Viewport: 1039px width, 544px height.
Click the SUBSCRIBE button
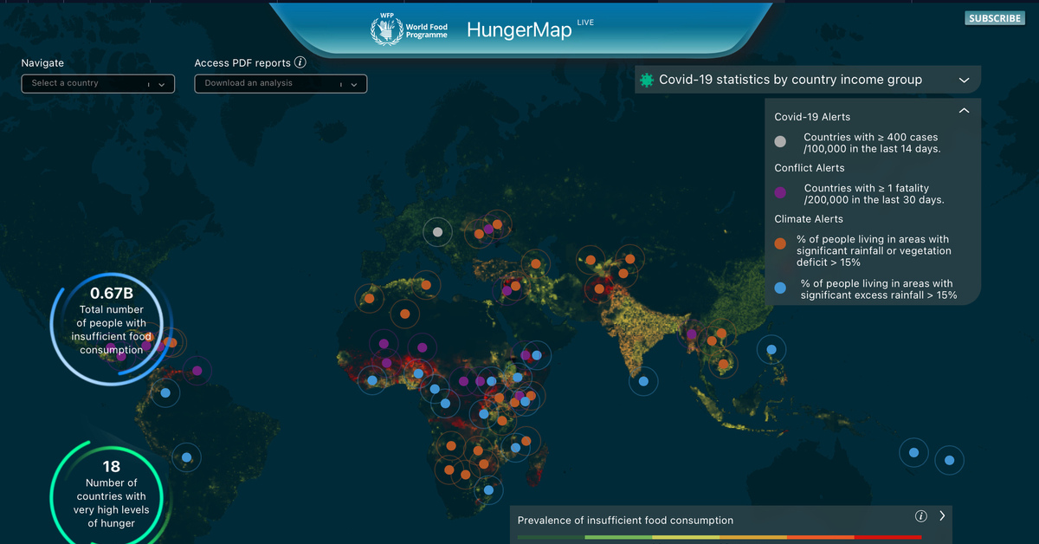coord(995,18)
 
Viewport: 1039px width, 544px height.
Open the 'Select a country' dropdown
coord(98,83)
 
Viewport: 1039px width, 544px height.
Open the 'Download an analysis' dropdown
coord(281,83)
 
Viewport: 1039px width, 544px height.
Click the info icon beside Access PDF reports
coord(300,62)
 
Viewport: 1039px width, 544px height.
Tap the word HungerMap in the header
coord(519,29)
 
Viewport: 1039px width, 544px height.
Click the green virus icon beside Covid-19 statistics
coord(646,80)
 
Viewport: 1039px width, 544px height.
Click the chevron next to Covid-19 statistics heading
coord(965,81)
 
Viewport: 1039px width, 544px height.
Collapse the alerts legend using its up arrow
coord(964,111)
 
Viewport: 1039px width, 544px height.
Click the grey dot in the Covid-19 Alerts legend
coord(780,142)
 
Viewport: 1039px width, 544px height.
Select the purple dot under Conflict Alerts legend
coord(780,193)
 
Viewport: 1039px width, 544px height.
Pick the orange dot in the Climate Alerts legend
coord(780,244)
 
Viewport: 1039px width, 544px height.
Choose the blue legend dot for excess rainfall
coord(780,288)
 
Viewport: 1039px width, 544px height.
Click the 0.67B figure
coord(112,293)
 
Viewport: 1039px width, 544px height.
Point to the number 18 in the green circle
coord(112,467)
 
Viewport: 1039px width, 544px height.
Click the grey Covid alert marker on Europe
coord(438,231)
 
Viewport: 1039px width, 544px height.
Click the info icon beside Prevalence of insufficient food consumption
coord(920,516)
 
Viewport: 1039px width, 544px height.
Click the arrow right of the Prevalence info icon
coord(942,515)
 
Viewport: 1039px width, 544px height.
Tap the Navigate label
coord(42,62)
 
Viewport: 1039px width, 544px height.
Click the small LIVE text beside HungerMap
coord(585,23)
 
